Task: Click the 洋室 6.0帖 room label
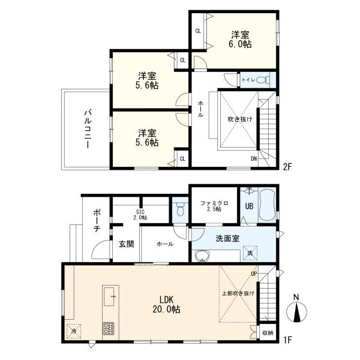tap(240, 39)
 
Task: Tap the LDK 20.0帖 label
tap(166, 304)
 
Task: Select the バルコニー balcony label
tap(88, 129)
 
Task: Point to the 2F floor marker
tap(287, 166)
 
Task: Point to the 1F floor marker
tap(287, 339)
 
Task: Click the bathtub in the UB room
tap(267, 205)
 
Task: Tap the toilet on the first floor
tap(181, 209)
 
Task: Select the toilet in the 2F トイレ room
tap(263, 80)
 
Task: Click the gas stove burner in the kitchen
tap(108, 328)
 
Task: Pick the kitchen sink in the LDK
tap(109, 296)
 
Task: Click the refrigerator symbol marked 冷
tap(74, 331)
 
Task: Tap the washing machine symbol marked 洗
tap(250, 253)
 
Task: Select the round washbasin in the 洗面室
tap(202, 256)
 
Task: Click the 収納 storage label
tap(268, 332)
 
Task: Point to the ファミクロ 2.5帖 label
tap(214, 206)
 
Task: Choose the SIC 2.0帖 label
tap(140, 215)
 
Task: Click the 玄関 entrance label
tap(126, 244)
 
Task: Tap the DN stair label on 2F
tap(254, 158)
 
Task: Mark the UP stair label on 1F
tap(254, 274)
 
